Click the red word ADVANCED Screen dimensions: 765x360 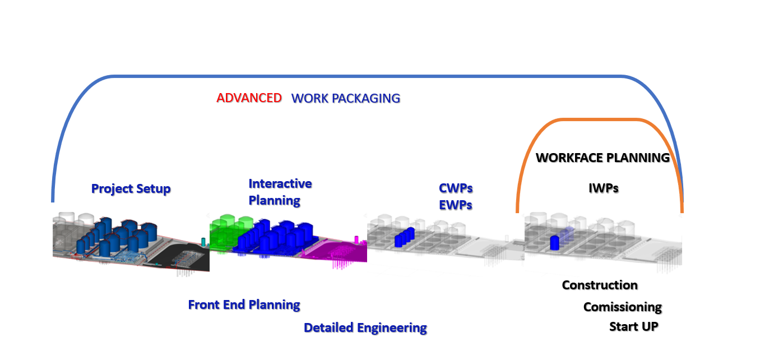(x=249, y=98)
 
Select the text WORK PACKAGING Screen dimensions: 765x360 (x=346, y=98)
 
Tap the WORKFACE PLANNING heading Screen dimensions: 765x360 (x=603, y=158)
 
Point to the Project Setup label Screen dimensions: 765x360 (x=131, y=189)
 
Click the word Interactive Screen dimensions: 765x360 (x=280, y=184)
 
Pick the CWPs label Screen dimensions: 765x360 (x=456, y=188)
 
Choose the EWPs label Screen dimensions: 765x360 (x=456, y=205)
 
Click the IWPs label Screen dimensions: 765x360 (x=604, y=188)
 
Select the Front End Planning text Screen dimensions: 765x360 (x=244, y=304)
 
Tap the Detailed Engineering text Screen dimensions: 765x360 (x=365, y=328)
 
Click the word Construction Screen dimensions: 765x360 (x=600, y=285)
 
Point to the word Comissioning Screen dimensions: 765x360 (x=623, y=307)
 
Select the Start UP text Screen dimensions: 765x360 (x=633, y=327)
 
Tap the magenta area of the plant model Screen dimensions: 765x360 (x=335, y=251)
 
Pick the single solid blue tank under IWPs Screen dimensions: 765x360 (x=555, y=242)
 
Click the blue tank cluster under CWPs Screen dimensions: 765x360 (x=404, y=237)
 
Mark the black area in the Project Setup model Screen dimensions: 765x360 (x=181, y=256)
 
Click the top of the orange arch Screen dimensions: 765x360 (x=599, y=119)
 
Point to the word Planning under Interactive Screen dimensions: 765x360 (x=274, y=201)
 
